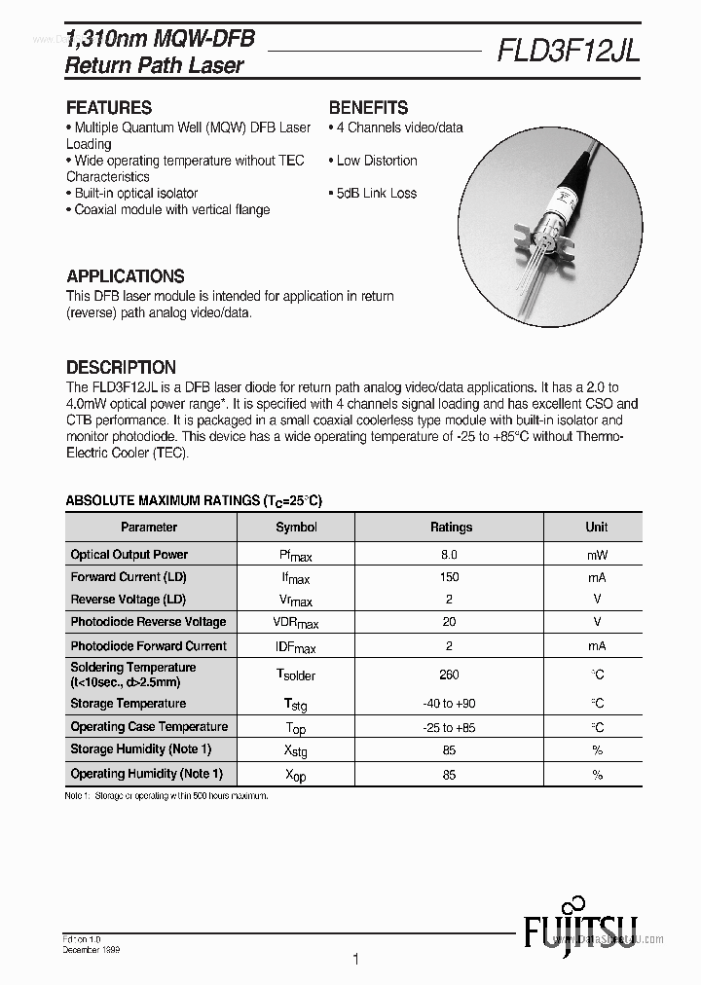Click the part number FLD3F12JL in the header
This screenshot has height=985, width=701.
[568, 50]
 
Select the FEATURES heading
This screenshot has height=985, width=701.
[109, 107]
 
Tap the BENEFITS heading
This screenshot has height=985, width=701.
[368, 107]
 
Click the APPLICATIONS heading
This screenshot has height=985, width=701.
[125, 275]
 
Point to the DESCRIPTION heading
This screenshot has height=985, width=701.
[121, 367]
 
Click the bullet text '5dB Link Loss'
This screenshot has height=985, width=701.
[376, 193]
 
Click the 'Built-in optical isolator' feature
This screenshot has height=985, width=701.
[135, 193]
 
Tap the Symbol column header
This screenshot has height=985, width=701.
[296, 527]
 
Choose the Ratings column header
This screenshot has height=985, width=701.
[450, 527]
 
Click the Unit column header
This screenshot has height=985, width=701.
[596, 527]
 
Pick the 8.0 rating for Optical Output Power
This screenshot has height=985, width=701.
[449, 554]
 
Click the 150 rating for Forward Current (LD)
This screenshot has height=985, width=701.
[449, 577]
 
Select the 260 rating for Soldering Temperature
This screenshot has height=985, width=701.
[449, 675]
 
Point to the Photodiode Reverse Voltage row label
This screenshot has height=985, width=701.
[148, 622]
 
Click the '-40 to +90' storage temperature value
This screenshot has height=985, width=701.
[449, 704]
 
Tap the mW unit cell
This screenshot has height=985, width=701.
[596, 554]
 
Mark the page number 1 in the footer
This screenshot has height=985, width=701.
[355, 959]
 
